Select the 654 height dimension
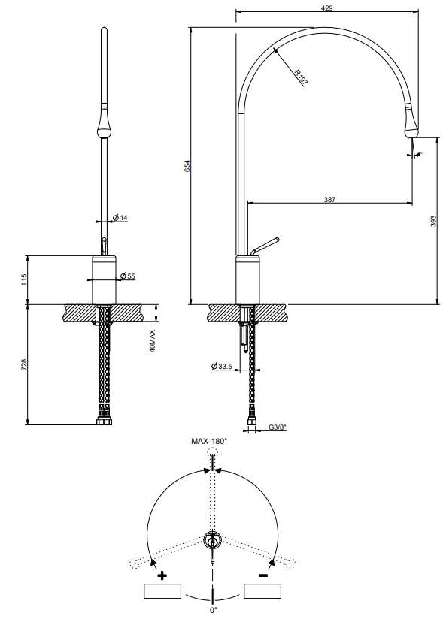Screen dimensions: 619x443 coord(187,166)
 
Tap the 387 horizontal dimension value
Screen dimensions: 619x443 coord(329,199)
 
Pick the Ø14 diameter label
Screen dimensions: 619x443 coord(120,218)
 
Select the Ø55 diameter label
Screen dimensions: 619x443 coord(127,276)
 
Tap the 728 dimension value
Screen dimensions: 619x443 coord(24,364)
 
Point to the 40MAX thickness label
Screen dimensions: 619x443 coord(152,340)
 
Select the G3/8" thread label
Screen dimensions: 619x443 coord(277,429)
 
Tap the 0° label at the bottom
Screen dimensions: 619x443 coord(214,611)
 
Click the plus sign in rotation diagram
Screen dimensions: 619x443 coord(162,575)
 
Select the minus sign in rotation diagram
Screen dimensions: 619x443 coord(263,575)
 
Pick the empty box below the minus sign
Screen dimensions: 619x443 coord(263,592)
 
